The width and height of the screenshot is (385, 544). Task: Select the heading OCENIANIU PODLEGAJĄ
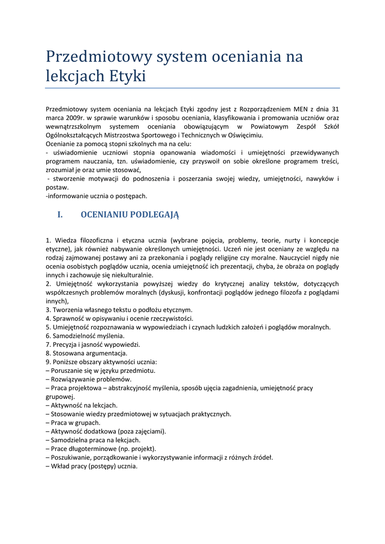tap(130, 215)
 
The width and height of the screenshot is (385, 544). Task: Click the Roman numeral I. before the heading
tap(60, 215)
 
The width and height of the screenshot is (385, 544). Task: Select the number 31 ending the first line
tap(335, 109)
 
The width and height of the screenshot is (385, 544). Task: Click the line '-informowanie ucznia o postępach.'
tap(96, 196)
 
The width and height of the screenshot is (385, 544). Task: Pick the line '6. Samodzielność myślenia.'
tap(85, 336)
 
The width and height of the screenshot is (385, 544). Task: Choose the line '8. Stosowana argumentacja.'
tap(87, 353)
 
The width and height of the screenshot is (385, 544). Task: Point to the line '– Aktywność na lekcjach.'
tap(82, 405)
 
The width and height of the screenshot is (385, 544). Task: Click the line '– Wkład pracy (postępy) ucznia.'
tap(92, 466)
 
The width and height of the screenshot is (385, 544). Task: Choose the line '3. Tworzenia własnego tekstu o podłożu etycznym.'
tap(119, 310)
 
